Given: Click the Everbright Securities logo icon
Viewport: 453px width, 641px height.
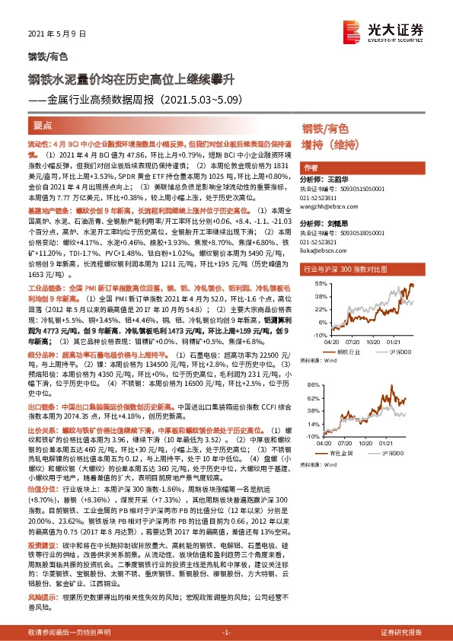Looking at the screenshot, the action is (352, 30).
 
